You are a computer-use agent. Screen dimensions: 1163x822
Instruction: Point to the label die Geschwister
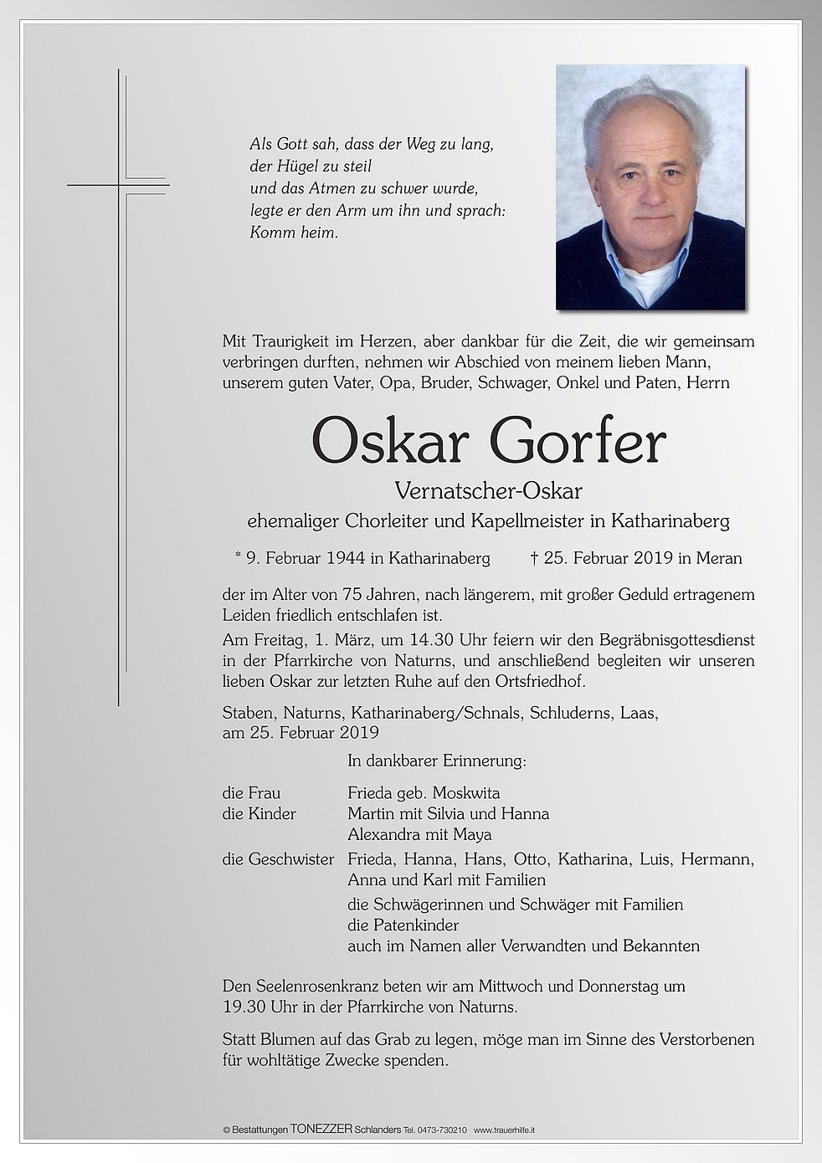click(278, 858)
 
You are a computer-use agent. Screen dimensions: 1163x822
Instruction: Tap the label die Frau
click(251, 792)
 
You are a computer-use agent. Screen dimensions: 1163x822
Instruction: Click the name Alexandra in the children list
click(385, 834)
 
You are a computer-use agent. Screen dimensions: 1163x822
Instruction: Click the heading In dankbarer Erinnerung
click(436, 761)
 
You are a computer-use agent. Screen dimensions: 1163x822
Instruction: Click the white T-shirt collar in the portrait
click(648, 280)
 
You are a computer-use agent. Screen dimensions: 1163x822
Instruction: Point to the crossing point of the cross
click(119, 185)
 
